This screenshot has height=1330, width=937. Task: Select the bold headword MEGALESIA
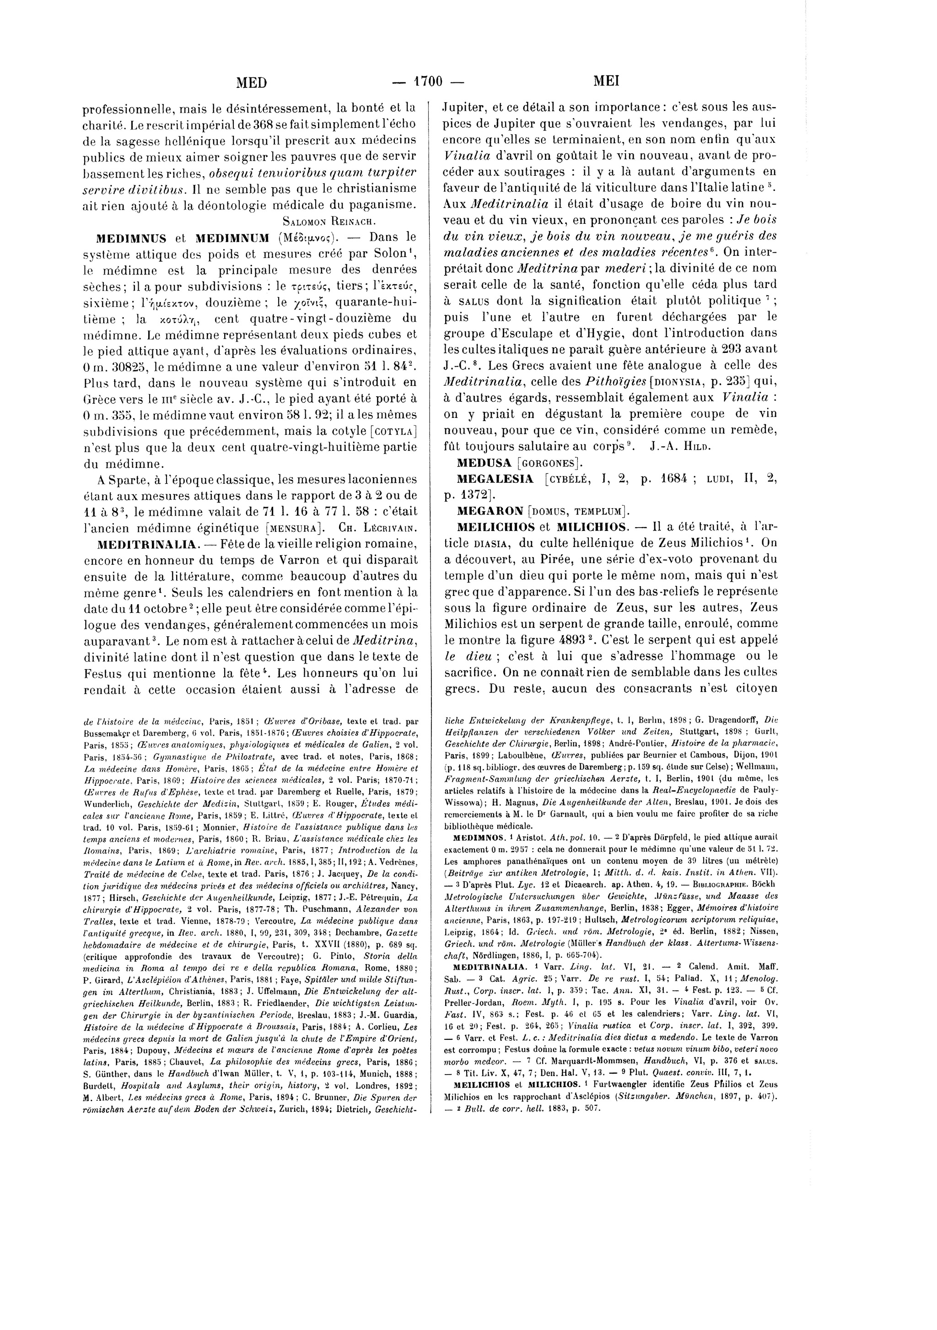tap(495, 479)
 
